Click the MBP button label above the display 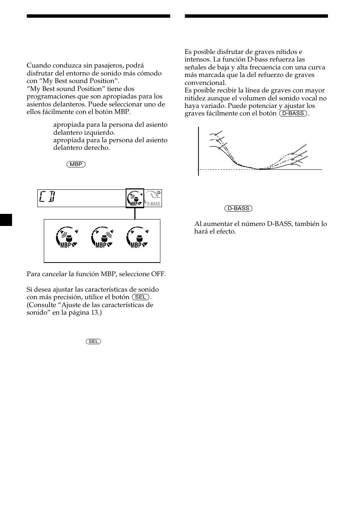76,164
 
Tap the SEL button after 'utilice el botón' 140,297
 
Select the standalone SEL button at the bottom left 93,341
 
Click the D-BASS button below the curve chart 238,209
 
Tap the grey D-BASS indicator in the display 153,198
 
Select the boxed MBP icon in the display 135,198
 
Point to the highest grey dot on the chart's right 293,154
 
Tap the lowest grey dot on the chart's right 293,164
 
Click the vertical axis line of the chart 198,151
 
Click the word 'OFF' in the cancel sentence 158,274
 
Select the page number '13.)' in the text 95,313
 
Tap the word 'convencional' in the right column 205,83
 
